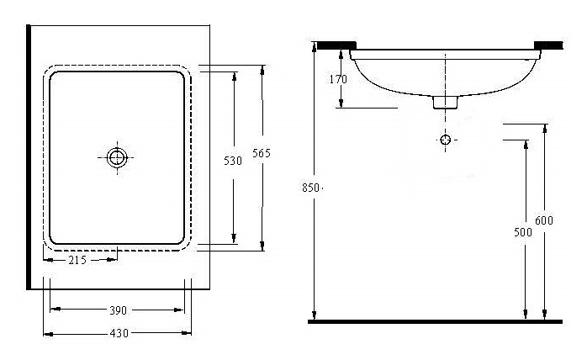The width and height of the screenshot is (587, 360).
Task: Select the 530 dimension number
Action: (235, 161)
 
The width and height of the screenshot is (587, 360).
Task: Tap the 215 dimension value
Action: (77, 260)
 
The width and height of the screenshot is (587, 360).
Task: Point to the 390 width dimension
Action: (118, 310)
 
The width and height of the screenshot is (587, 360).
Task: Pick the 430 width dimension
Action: (119, 333)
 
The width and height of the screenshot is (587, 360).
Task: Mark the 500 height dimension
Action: (526, 232)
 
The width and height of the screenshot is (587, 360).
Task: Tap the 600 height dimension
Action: (546, 220)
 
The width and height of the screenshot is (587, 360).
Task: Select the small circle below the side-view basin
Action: (446, 139)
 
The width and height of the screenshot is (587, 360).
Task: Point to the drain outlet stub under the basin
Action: (446, 102)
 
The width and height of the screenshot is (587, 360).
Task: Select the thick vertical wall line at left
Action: (29, 156)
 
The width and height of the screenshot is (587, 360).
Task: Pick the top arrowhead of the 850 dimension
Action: (314, 47)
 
